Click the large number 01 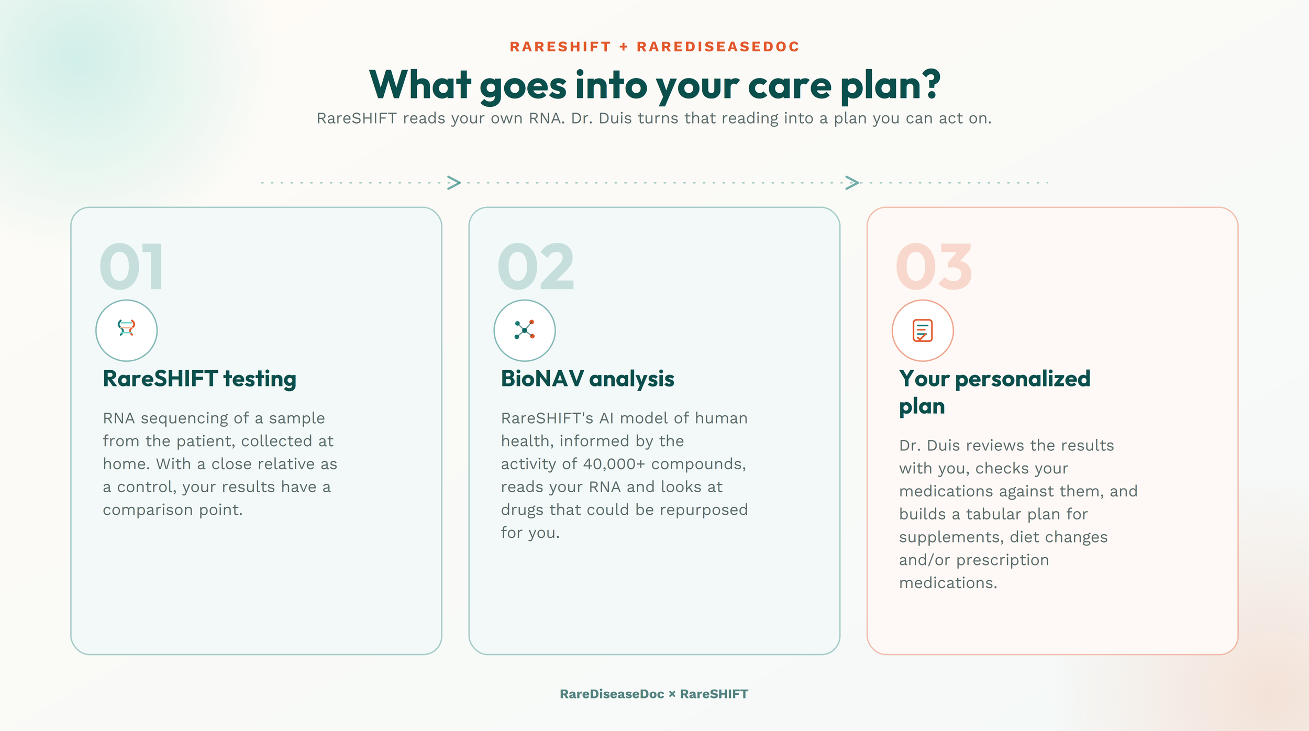click(131, 267)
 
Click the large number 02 click(536, 267)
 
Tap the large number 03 click(934, 267)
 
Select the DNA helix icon click(126, 328)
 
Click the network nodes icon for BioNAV click(524, 330)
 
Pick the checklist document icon click(923, 330)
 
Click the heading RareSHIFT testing click(199, 379)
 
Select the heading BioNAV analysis click(587, 379)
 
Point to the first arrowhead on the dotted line click(454, 183)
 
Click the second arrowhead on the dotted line click(852, 183)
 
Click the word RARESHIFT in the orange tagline click(560, 47)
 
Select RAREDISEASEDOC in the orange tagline click(718, 47)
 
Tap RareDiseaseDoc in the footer click(612, 694)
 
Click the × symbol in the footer click(672, 694)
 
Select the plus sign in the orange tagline click(624, 47)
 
